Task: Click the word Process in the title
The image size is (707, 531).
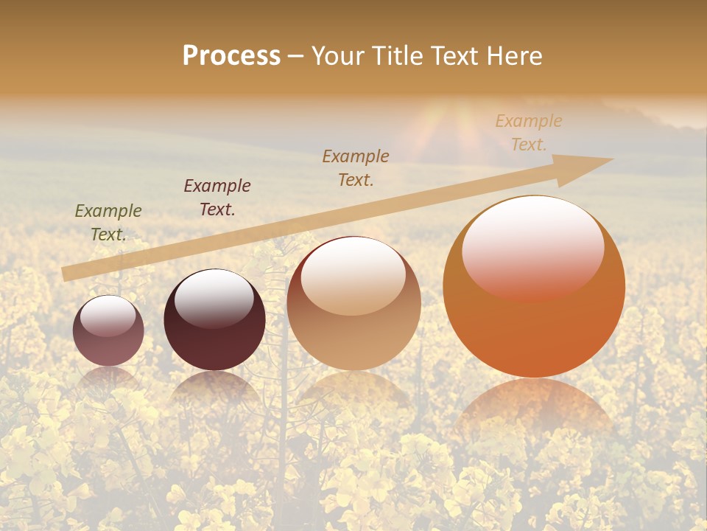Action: tap(231, 56)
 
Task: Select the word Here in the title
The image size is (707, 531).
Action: tap(516, 56)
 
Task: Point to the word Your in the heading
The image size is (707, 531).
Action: tap(338, 56)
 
